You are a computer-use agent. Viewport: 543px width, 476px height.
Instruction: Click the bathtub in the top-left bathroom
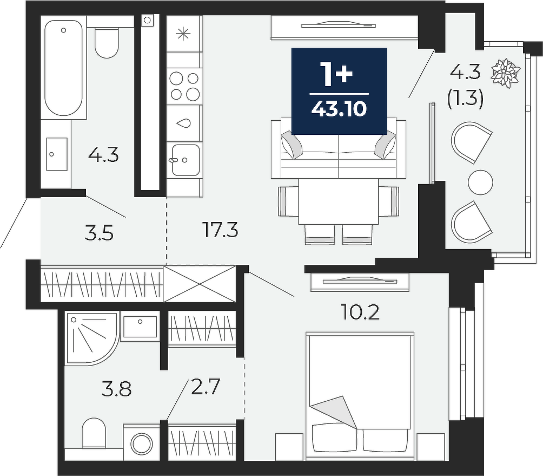tap(64, 68)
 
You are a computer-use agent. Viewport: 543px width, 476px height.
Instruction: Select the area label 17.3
tap(221, 230)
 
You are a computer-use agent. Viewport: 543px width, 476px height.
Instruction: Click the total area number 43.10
tap(339, 109)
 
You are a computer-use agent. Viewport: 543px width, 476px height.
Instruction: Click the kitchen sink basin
tap(186, 160)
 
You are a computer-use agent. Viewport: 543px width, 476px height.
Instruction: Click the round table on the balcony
tap(480, 182)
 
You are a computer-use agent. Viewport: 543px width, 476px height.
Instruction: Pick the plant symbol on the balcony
tap(506, 73)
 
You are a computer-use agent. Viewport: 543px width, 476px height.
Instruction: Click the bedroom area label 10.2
tap(360, 312)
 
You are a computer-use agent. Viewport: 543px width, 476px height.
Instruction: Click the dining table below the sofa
tap(339, 201)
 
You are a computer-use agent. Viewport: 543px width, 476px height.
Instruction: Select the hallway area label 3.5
tap(99, 233)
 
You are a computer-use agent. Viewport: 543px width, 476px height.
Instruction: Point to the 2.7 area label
tap(206, 387)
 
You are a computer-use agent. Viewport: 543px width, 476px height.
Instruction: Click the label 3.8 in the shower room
tap(117, 390)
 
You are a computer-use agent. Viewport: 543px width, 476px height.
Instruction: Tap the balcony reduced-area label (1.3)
tap(465, 100)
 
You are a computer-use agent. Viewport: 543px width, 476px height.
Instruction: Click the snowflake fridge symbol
tap(183, 34)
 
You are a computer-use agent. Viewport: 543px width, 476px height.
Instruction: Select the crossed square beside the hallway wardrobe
tap(200, 284)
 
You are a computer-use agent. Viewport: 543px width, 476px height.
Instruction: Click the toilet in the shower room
tap(94, 433)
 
